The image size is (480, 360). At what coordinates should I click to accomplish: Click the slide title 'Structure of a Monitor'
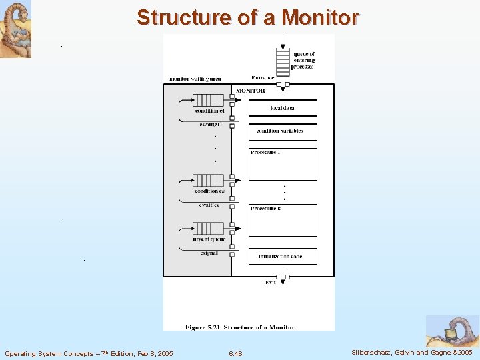click(x=248, y=17)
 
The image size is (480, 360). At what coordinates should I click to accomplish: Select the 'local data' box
click(x=283, y=108)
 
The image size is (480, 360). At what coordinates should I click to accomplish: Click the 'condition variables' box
click(x=283, y=131)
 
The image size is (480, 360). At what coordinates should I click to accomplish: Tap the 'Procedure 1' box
click(x=283, y=164)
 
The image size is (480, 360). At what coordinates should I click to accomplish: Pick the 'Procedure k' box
click(x=283, y=220)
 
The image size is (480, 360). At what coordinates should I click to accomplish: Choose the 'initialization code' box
click(x=283, y=256)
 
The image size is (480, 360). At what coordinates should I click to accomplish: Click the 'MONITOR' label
click(x=251, y=91)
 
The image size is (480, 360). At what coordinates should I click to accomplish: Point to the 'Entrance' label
click(x=263, y=78)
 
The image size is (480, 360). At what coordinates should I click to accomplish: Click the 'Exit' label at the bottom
click(x=271, y=283)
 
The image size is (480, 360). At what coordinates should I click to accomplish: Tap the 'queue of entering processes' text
click(x=304, y=61)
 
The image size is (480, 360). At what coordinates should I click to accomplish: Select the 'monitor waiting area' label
click(x=195, y=79)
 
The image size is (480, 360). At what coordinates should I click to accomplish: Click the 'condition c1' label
click(x=209, y=111)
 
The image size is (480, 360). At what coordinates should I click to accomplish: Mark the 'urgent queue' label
click(x=209, y=239)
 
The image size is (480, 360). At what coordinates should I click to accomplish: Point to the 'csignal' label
click(x=209, y=253)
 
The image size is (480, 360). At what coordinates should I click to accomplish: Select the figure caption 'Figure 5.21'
click(x=239, y=327)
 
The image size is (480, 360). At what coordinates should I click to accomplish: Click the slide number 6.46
click(x=235, y=353)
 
